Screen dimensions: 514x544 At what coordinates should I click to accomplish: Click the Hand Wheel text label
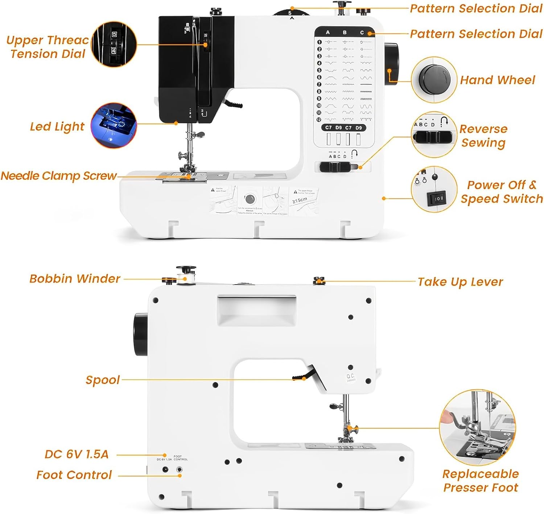(x=497, y=80)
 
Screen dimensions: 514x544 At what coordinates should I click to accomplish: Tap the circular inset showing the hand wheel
(x=434, y=79)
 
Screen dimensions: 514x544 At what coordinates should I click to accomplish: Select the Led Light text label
(x=57, y=127)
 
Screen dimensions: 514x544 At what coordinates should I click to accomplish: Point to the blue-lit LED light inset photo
(x=114, y=125)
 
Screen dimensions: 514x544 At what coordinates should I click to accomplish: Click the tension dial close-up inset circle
(x=114, y=44)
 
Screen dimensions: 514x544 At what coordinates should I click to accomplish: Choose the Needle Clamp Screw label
(x=58, y=176)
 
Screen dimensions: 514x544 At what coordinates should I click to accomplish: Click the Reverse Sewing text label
(x=483, y=136)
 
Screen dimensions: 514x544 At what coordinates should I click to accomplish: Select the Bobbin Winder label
(x=75, y=278)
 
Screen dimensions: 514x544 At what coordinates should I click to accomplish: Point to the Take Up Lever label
(x=460, y=282)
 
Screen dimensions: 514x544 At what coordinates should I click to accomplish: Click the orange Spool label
(x=103, y=380)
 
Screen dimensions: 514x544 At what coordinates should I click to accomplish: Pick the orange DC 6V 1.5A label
(x=77, y=454)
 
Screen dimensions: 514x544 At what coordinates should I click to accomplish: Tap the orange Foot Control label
(x=74, y=475)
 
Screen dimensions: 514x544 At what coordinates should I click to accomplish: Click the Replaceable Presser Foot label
(x=481, y=481)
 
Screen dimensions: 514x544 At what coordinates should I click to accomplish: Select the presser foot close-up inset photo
(x=477, y=428)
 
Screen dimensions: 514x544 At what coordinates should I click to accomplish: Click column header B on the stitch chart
(x=345, y=33)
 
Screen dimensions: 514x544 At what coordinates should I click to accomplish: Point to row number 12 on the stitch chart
(x=319, y=120)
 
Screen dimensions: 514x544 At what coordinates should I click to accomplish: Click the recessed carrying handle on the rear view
(x=256, y=310)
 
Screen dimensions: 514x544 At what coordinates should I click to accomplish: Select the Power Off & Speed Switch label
(x=502, y=192)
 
